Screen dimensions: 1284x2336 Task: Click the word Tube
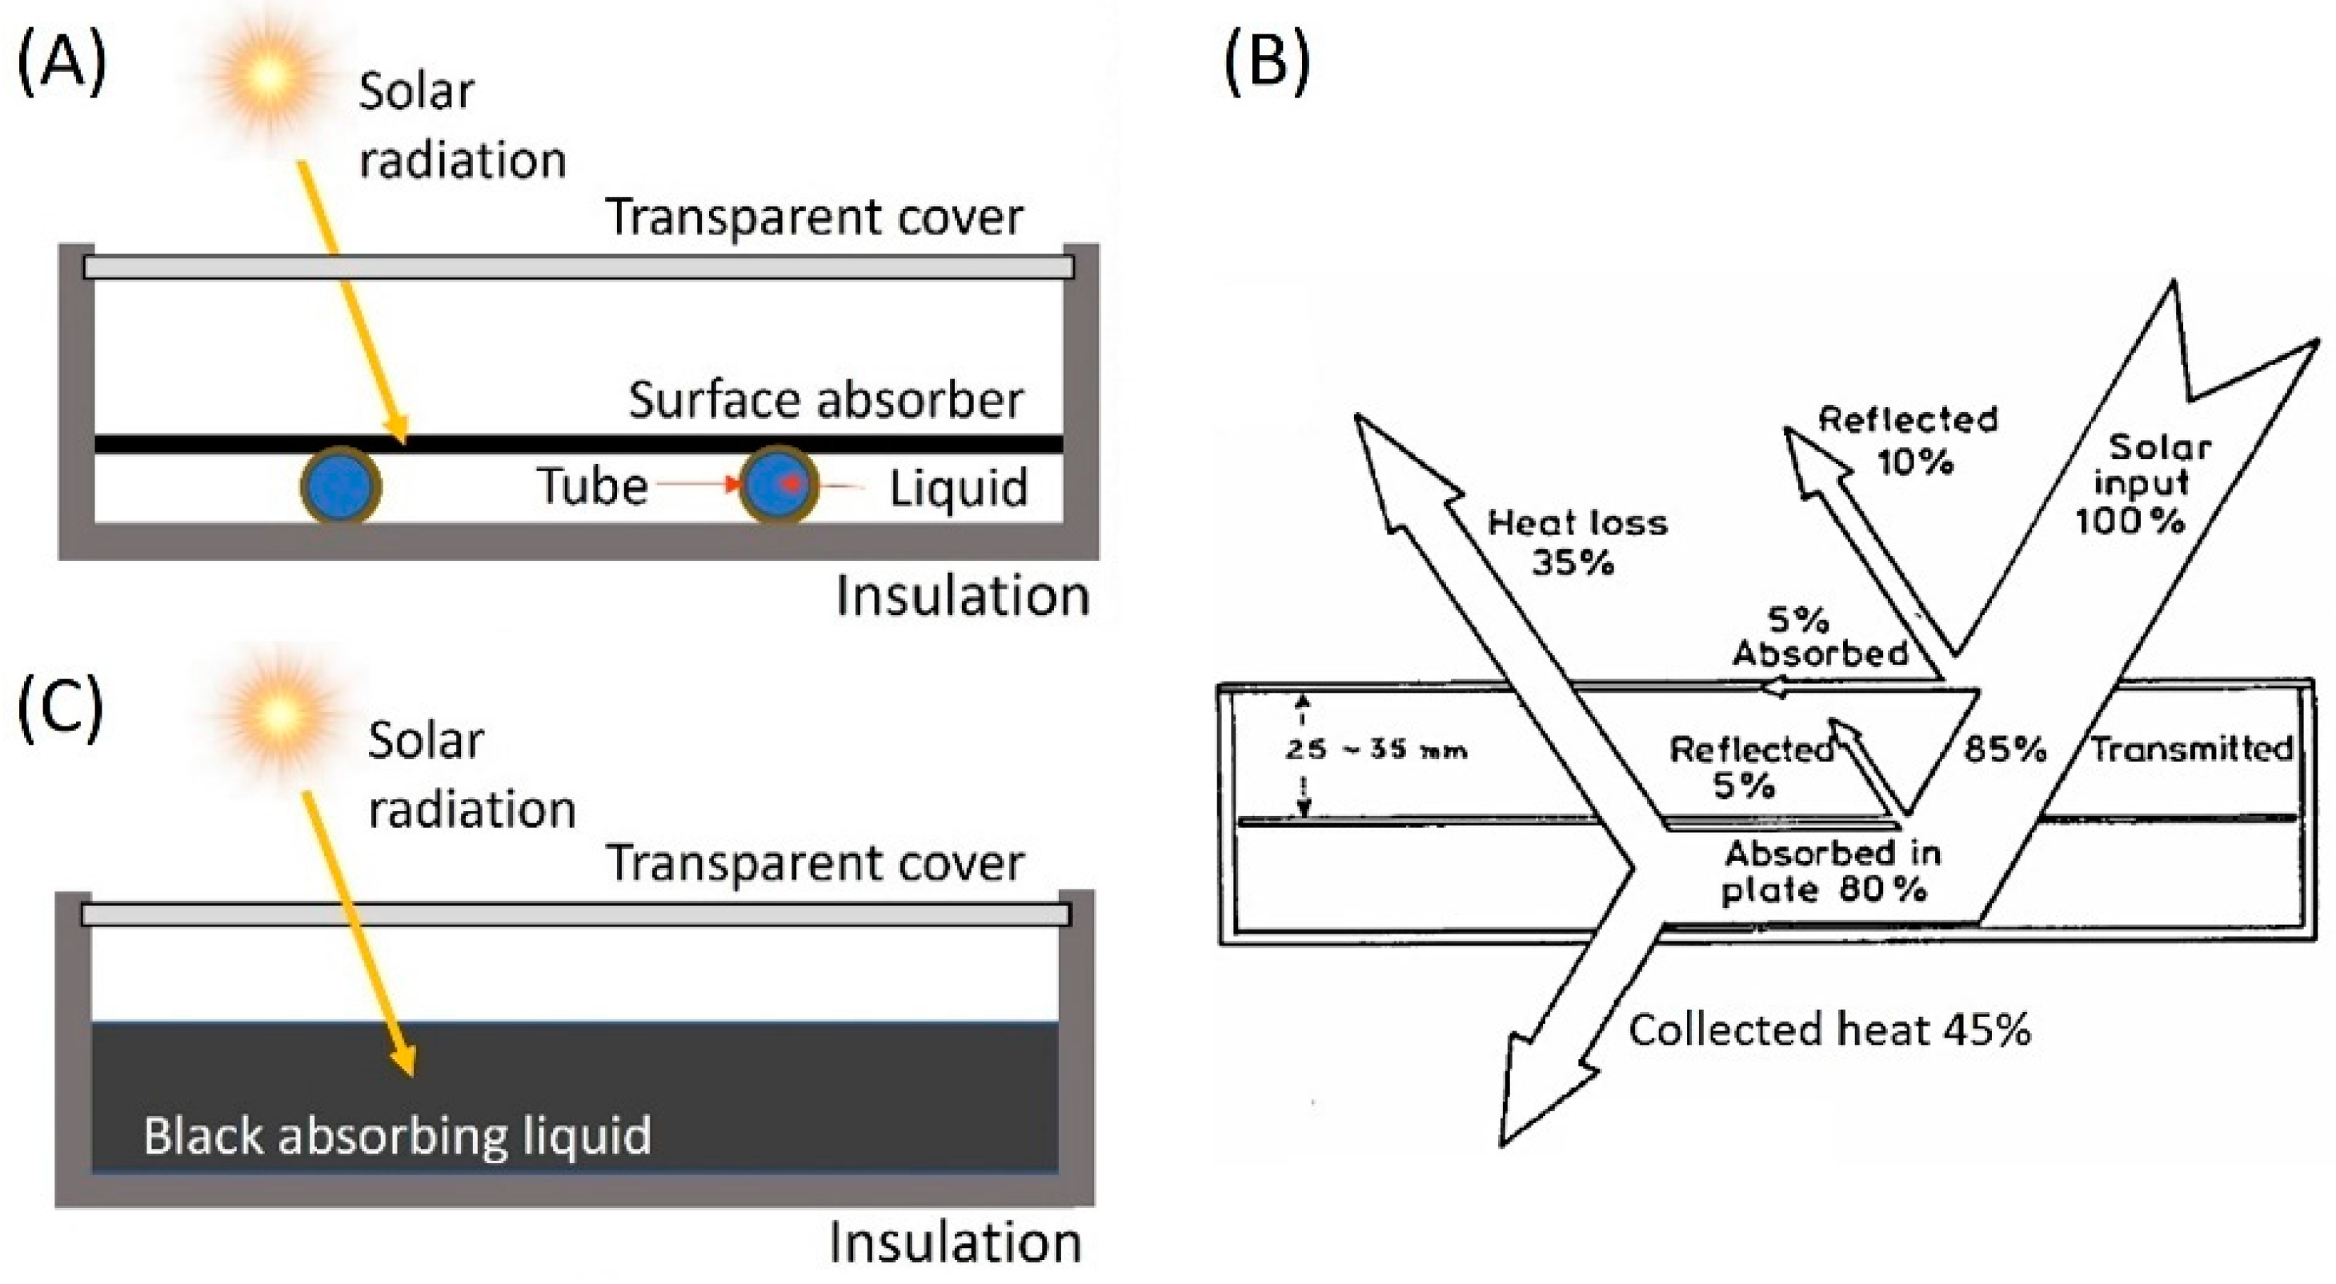592,487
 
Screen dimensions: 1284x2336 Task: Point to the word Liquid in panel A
959,489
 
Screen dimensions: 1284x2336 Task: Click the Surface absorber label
825,400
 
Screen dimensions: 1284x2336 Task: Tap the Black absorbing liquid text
397,1136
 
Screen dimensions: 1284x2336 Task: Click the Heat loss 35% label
1577,542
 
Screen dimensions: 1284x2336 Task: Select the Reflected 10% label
1908,441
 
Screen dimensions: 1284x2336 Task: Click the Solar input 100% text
2142,483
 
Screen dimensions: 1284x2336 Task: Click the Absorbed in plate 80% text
1830,871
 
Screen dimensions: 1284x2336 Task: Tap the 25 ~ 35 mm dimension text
1376,750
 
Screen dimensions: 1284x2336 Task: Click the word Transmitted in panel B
2191,749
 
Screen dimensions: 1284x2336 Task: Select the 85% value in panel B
2004,749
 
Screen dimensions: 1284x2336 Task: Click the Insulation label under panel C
955,1243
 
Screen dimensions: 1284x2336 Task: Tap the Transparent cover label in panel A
813,218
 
